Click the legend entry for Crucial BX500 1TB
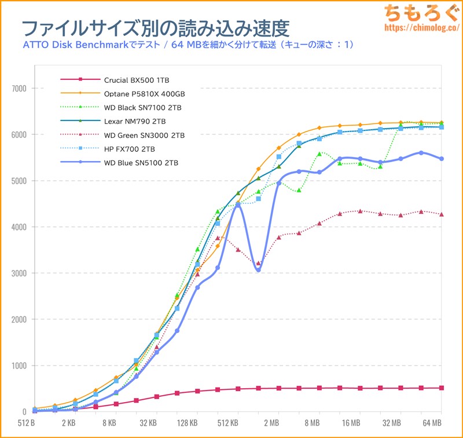(x=137, y=79)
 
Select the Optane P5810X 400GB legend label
(x=144, y=93)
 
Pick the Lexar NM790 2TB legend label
(x=135, y=121)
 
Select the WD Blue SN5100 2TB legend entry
(x=141, y=163)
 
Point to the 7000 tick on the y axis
(x=20, y=89)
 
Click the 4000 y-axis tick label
(x=20, y=227)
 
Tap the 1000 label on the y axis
(x=20, y=366)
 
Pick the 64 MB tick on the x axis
(x=432, y=422)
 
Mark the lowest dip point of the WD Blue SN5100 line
(x=258, y=270)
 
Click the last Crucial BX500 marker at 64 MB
(x=442, y=388)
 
